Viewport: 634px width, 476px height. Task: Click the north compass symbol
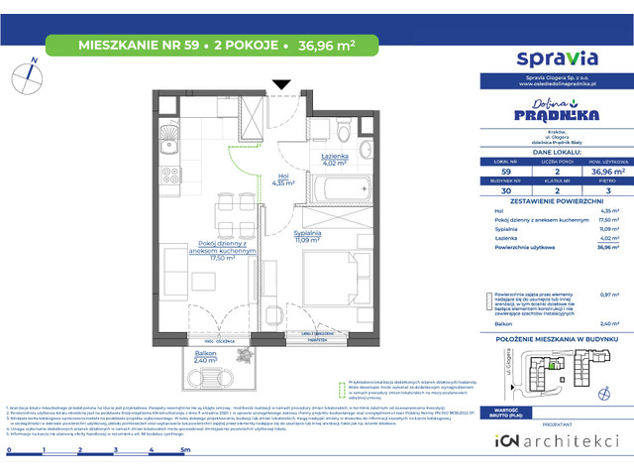30,75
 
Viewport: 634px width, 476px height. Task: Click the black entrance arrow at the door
281,84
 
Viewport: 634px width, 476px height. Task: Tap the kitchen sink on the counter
165,133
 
